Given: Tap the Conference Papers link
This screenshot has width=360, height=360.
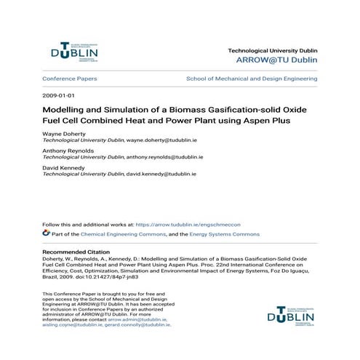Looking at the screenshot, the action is pyautogui.click(x=70, y=78).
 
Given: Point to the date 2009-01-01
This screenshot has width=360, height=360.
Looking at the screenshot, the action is pyautogui.click(x=59, y=95).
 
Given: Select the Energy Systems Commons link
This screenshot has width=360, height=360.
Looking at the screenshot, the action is pyautogui.click(x=225, y=235).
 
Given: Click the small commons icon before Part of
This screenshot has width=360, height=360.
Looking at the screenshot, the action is pyautogui.click(x=47, y=234).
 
